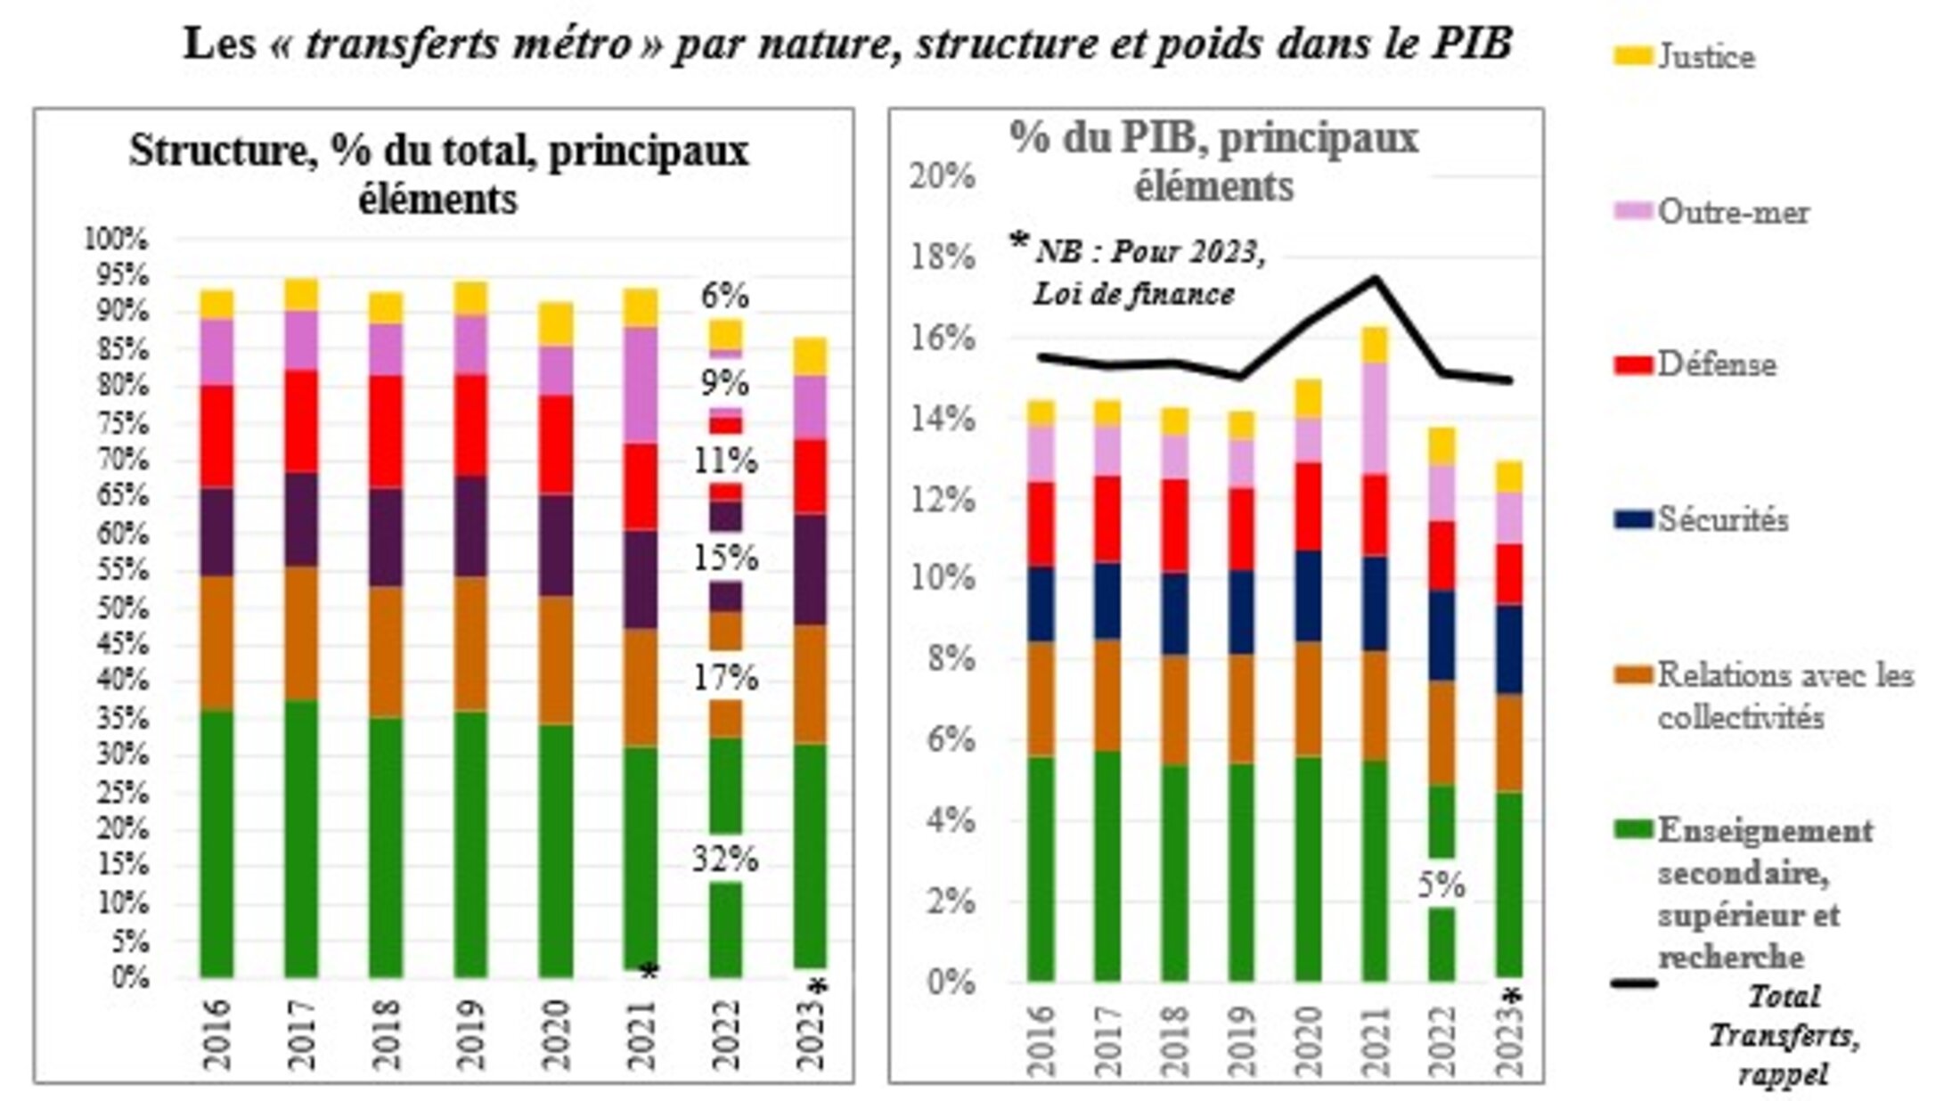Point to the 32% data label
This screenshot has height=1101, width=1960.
(x=725, y=860)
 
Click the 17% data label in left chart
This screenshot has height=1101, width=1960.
(x=725, y=679)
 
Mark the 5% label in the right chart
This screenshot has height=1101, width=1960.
(x=1441, y=885)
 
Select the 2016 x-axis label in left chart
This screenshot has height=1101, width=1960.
(x=216, y=1033)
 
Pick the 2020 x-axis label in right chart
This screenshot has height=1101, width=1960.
(x=1307, y=1040)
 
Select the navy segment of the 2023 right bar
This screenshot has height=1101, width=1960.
(x=1508, y=649)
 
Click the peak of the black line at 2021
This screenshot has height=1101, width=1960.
(x=1375, y=278)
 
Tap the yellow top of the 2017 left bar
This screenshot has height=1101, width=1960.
(x=301, y=294)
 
